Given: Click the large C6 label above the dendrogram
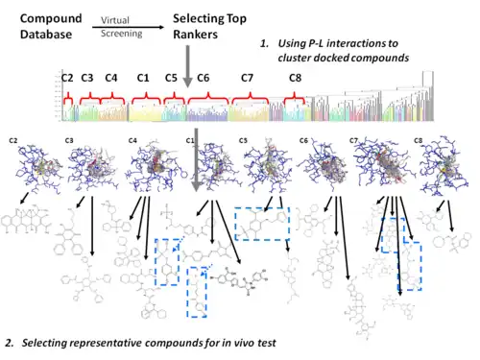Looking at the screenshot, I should (203, 76).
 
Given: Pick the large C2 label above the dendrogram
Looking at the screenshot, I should (66, 76).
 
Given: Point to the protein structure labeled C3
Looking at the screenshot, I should (92, 168).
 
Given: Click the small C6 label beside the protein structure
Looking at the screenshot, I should (303, 141).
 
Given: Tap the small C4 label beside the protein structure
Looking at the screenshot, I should (133, 141).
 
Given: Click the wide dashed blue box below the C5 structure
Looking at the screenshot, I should (260, 225).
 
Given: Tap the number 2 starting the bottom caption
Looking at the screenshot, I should (9, 343).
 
